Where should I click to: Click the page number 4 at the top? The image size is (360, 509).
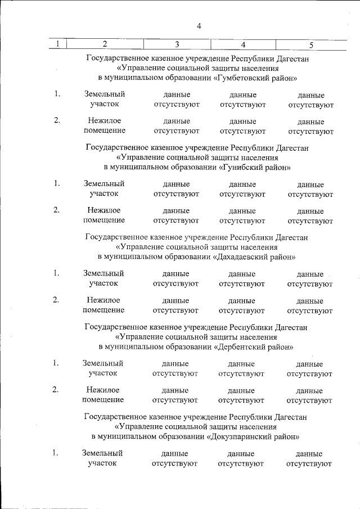click(199, 25)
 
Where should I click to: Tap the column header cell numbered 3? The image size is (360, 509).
click(177, 44)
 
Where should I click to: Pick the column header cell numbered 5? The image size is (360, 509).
click(311, 44)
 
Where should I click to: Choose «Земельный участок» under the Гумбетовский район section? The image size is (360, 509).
click(104, 99)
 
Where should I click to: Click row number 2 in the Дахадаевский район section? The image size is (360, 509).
click(56, 300)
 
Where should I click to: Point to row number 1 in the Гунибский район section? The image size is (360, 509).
click(57, 183)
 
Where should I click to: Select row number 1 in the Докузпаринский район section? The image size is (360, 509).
click(56, 453)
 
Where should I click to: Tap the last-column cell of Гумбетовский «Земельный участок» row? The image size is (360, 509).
click(311, 100)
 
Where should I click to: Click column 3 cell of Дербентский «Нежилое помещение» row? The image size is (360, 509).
click(175, 395)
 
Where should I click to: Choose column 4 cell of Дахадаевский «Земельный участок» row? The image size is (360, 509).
click(242, 278)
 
